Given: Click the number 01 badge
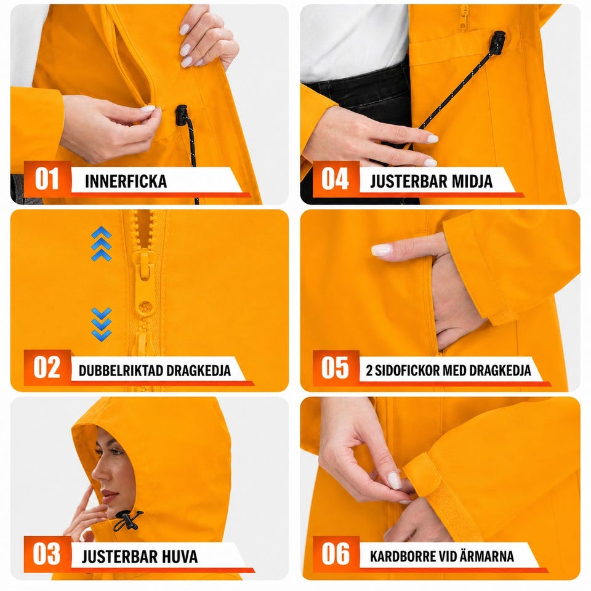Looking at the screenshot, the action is (47, 179).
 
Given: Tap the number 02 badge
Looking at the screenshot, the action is (47, 368).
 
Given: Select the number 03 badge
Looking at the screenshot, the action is (47, 554).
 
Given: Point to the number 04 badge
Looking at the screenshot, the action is (336, 179).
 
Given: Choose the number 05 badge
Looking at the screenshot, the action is (336, 368).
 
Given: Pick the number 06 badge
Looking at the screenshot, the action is (336, 554).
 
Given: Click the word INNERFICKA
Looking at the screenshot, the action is (126, 181).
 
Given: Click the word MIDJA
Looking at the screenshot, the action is (472, 181).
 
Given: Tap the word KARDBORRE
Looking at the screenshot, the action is (404, 557).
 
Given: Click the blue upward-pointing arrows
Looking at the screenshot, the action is (102, 244).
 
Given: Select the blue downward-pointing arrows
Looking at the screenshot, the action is (102, 324).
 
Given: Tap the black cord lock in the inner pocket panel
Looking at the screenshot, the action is (182, 115).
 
